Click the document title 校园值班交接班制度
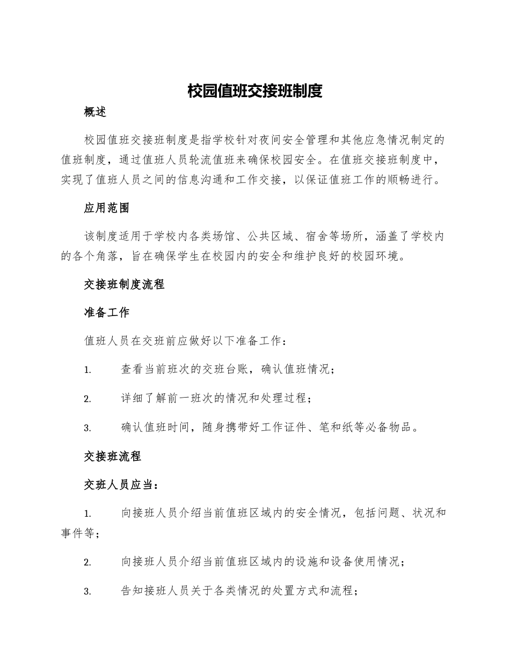pos(254,91)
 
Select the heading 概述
pos(95,112)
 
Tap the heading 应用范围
pos(106,208)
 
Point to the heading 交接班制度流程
pos(124,284)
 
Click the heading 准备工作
pos(106,312)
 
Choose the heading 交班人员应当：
pos(121,485)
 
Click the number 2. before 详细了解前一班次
pos(88,399)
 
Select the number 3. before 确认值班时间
pos(88,428)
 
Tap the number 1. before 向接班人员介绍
pos(88,514)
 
